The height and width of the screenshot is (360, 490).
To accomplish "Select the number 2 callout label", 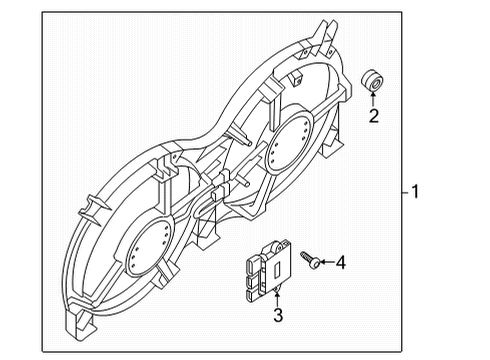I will (x=375, y=116).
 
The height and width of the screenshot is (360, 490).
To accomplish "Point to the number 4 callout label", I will (x=340, y=263).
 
